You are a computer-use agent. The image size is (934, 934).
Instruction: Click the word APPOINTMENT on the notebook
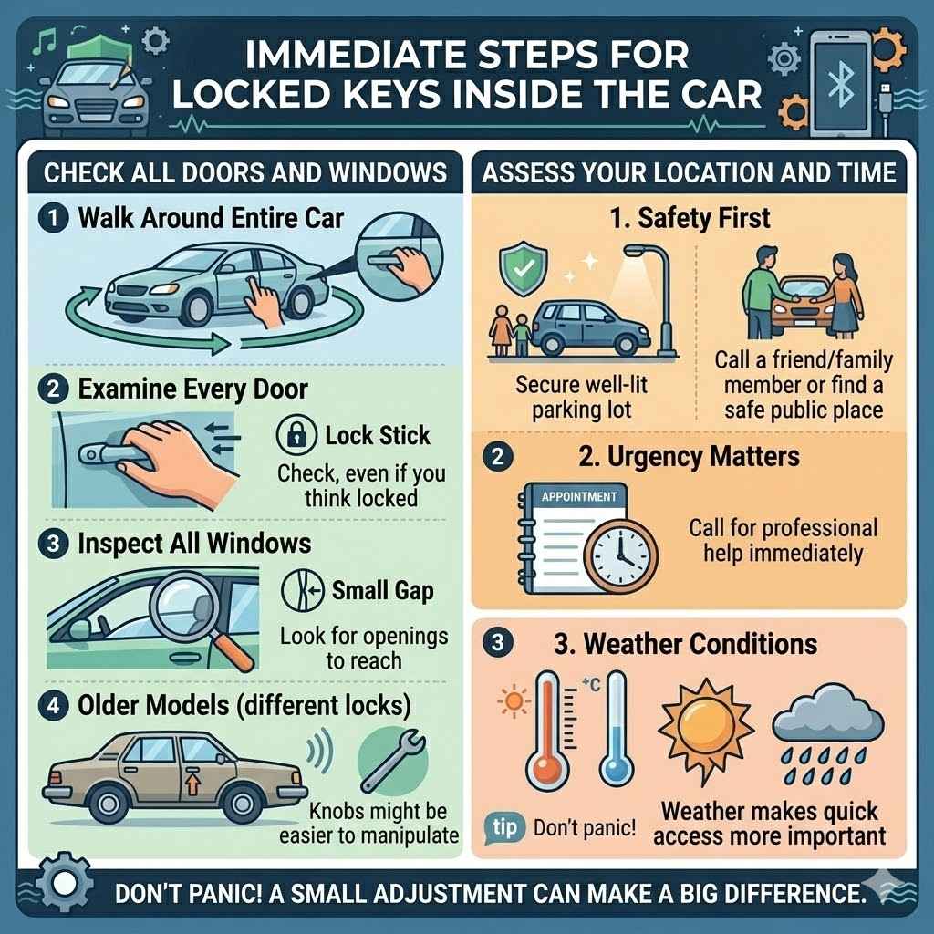(578, 498)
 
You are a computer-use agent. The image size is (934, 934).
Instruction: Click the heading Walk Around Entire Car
(211, 219)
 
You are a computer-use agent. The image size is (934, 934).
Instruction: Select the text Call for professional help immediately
(782, 540)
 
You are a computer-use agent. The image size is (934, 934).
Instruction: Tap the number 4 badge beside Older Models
(53, 705)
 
